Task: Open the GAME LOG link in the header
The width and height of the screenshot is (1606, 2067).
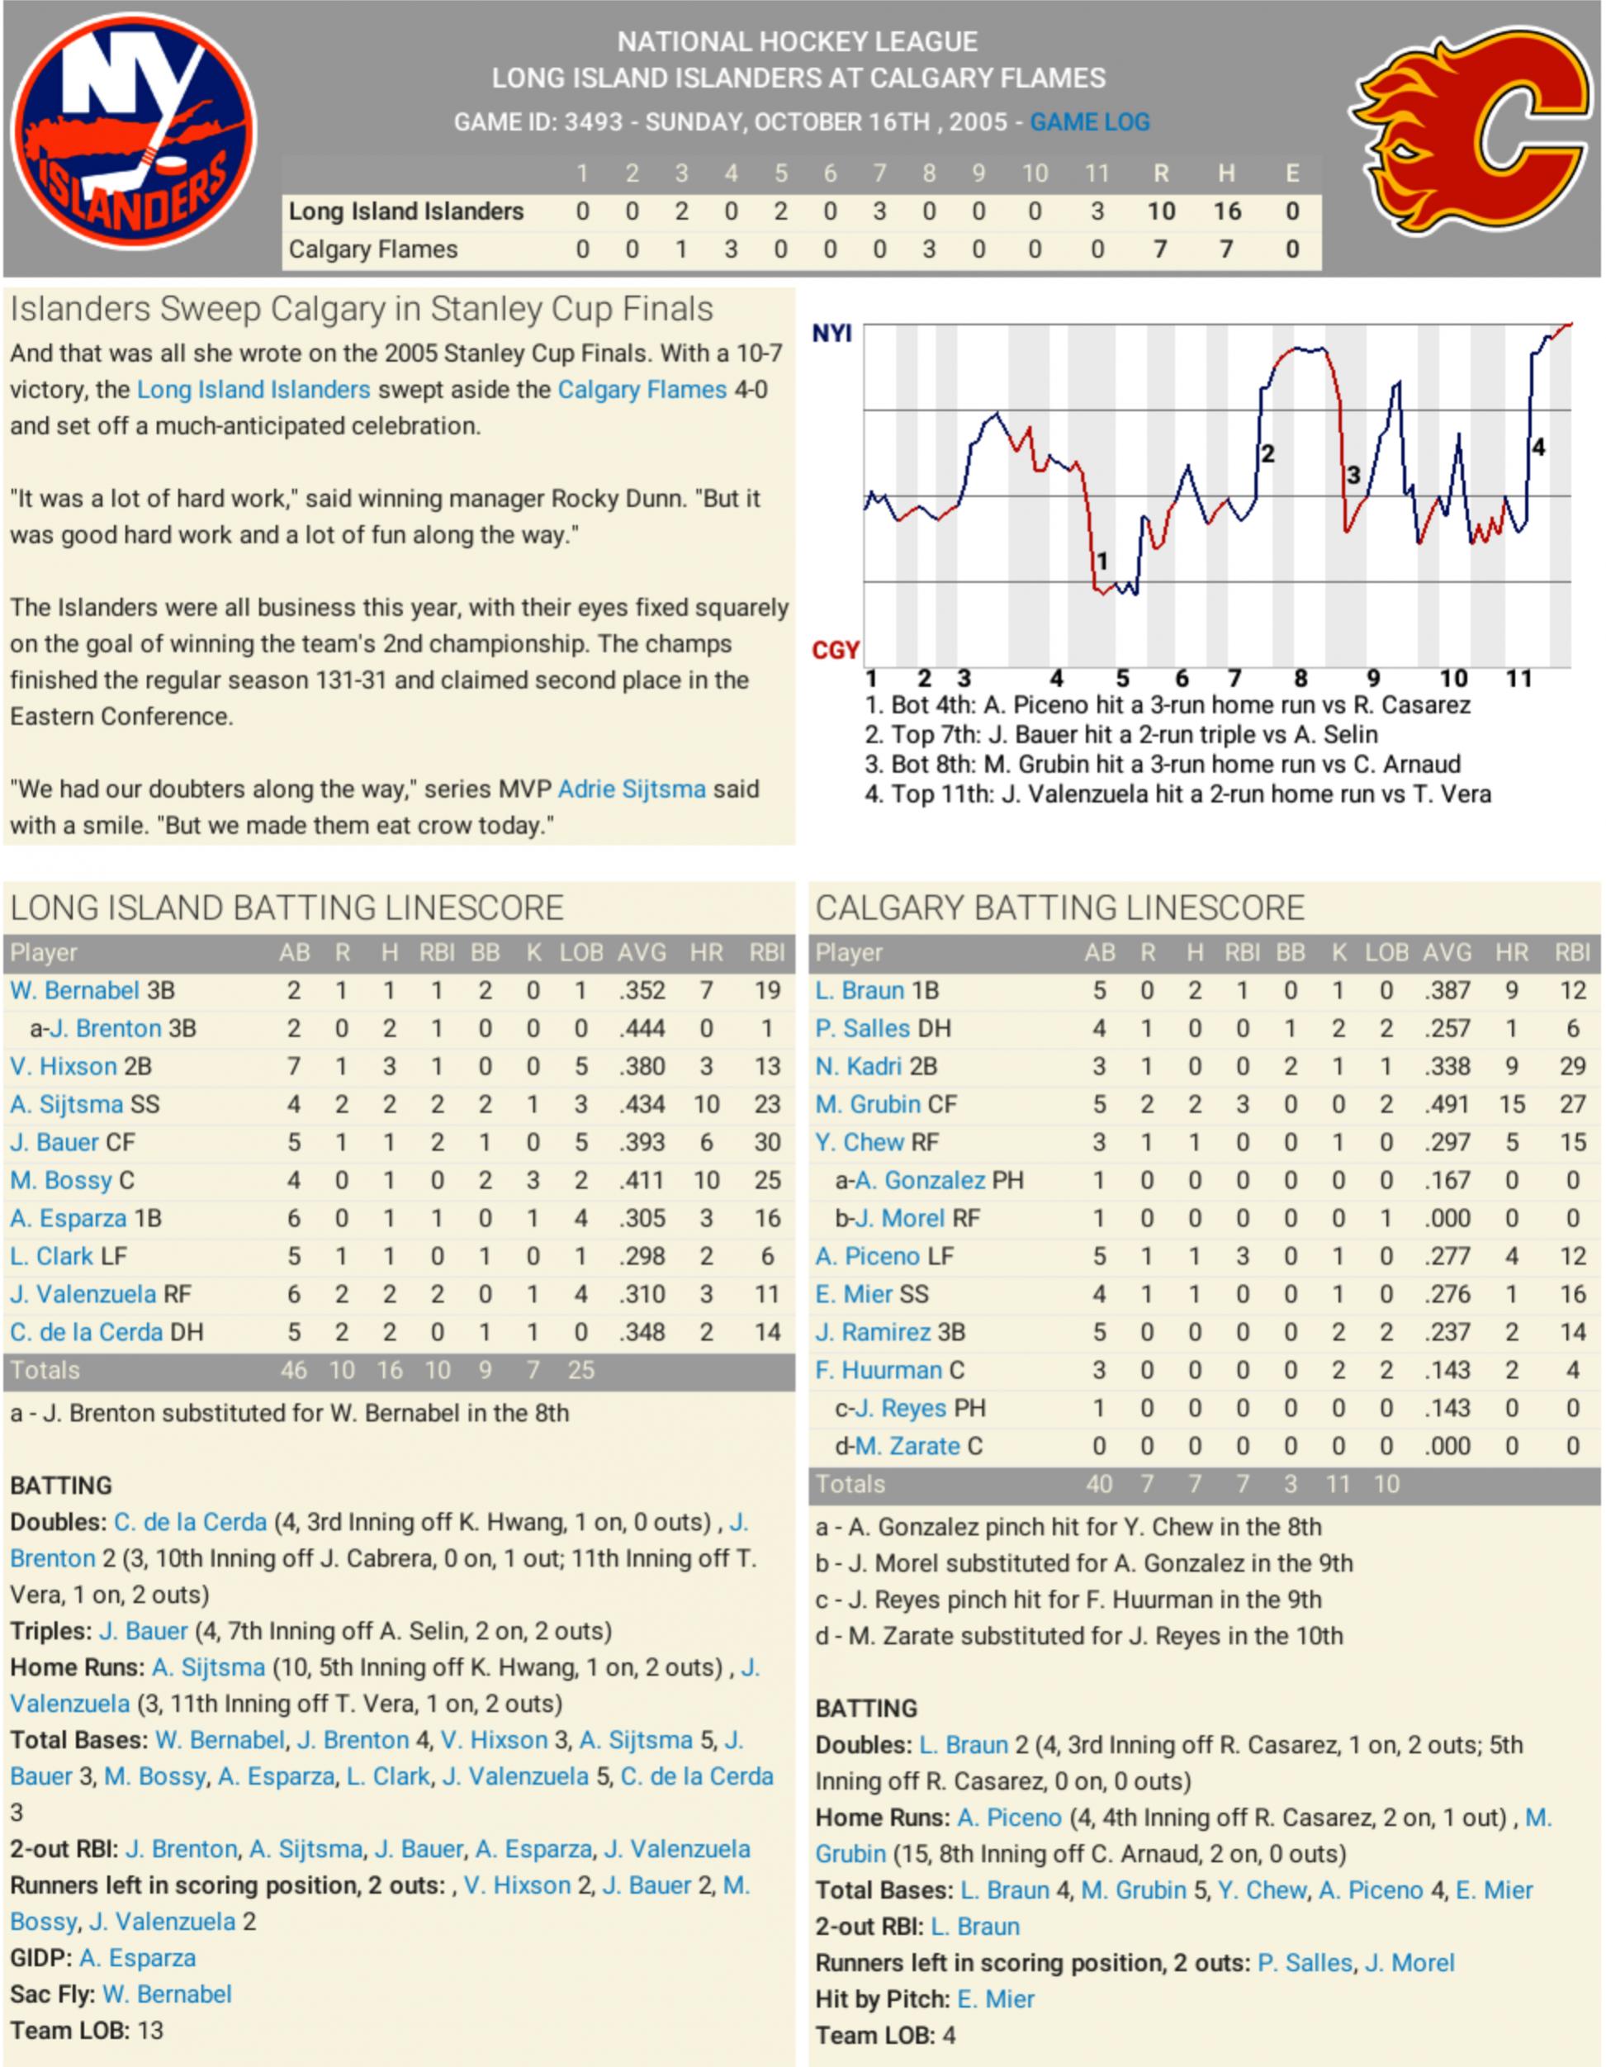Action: pyautogui.click(x=1089, y=122)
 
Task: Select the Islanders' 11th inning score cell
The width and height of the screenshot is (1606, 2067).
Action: pyautogui.click(x=1097, y=211)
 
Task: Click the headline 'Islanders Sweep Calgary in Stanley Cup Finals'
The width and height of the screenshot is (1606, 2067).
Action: pyautogui.click(x=362, y=310)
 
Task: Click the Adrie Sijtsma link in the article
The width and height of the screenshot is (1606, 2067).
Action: pyautogui.click(x=631, y=789)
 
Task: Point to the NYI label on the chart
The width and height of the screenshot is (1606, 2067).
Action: pyautogui.click(x=831, y=333)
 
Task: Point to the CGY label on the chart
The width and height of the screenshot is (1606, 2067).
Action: pyautogui.click(x=836, y=650)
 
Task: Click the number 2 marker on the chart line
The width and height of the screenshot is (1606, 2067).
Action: pyautogui.click(x=1268, y=454)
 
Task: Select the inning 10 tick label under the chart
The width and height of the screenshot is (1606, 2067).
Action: pyautogui.click(x=1453, y=679)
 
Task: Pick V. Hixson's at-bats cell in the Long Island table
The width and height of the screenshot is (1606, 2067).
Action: pyautogui.click(x=294, y=1067)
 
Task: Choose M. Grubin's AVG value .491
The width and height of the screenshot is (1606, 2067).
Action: pyautogui.click(x=1447, y=1104)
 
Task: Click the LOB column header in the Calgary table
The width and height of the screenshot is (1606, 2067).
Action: pyautogui.click(x=1386, y=953)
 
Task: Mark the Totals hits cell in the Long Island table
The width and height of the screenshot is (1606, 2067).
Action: pyautogui.click(x=389, y=1370)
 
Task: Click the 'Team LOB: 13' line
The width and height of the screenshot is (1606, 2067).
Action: pyautogui.click(x=87, y=2030)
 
